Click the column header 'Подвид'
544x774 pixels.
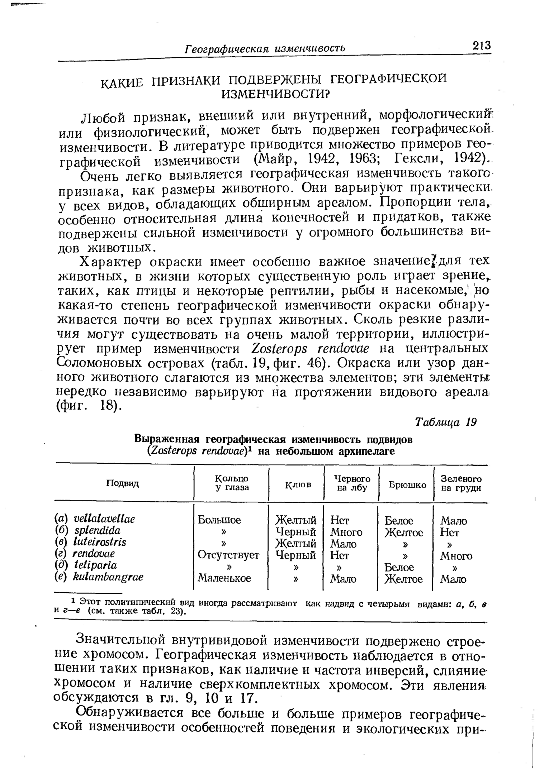[x=122, y=483]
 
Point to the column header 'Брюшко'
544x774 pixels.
[x=407, y=485]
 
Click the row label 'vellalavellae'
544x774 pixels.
[x=104, y=519]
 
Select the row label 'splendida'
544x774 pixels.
[x=97, y=530]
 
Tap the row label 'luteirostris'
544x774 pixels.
[x=100, y=542]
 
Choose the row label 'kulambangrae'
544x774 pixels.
[x=108, y=577]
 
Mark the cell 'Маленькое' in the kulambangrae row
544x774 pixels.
[x=224, y=578]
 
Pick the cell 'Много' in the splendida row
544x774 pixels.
[x=346, y=532]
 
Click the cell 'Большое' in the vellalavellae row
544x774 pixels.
[x=219, y=520]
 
